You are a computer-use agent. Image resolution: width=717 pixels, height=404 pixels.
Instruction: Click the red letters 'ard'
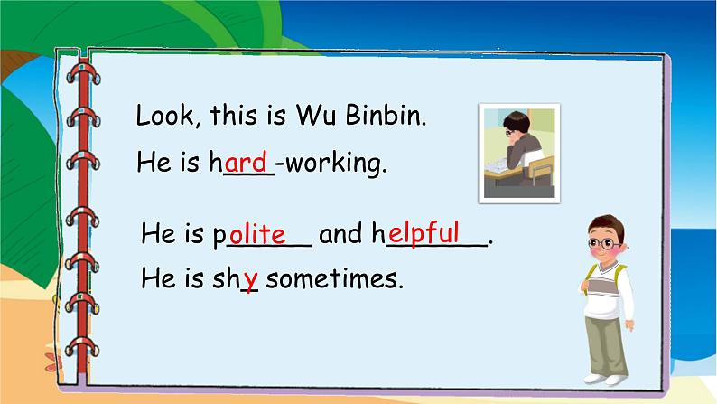coord(247,163)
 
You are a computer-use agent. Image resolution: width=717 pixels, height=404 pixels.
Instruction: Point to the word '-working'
coord(331,164)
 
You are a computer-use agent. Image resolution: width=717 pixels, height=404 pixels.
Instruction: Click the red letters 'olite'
coord(257,234)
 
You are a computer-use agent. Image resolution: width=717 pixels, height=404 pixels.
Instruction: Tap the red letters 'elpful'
coord(424,231)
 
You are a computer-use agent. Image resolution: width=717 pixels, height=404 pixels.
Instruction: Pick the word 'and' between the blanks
coord(340,235)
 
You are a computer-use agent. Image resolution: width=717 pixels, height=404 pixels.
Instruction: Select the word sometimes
coord(333,278)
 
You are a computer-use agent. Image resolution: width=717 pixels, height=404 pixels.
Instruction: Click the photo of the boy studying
coord(518,152)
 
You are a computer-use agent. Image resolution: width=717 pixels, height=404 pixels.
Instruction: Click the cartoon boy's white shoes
coord(603,375)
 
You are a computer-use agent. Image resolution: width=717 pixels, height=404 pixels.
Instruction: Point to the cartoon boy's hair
coord(606,223)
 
